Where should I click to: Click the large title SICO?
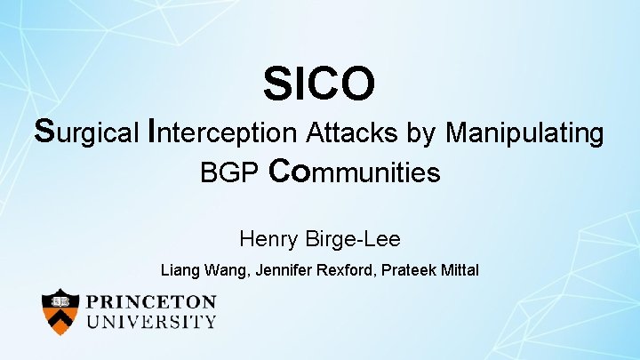[x=319, y=84]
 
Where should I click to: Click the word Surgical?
[x=86, y=133]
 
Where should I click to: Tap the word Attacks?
[x=352, y=133]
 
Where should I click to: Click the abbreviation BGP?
[x=229, y=172]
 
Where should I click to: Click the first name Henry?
[x=268, y=238]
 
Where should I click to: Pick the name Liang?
[x=179, y=268]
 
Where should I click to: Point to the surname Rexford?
[x=348, y=268]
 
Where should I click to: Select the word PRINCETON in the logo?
[x=151, y=302]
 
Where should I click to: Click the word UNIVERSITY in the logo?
[x=151, y=322]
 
